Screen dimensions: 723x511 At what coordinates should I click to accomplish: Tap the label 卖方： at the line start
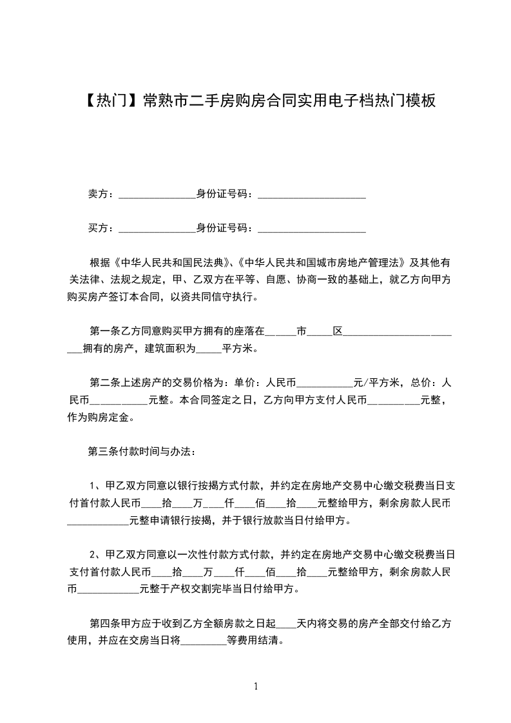[101, 193]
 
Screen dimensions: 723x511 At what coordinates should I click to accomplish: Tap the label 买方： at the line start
[101, 227]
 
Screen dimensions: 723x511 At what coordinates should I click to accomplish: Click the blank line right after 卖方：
[157, 195]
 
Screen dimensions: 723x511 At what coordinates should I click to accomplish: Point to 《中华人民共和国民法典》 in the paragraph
[172, 263]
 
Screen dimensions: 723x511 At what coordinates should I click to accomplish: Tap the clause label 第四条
[104, 624]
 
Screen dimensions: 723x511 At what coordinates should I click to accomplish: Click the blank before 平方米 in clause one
[208, 349]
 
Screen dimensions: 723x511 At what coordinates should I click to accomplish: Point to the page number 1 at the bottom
[256, 686]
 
